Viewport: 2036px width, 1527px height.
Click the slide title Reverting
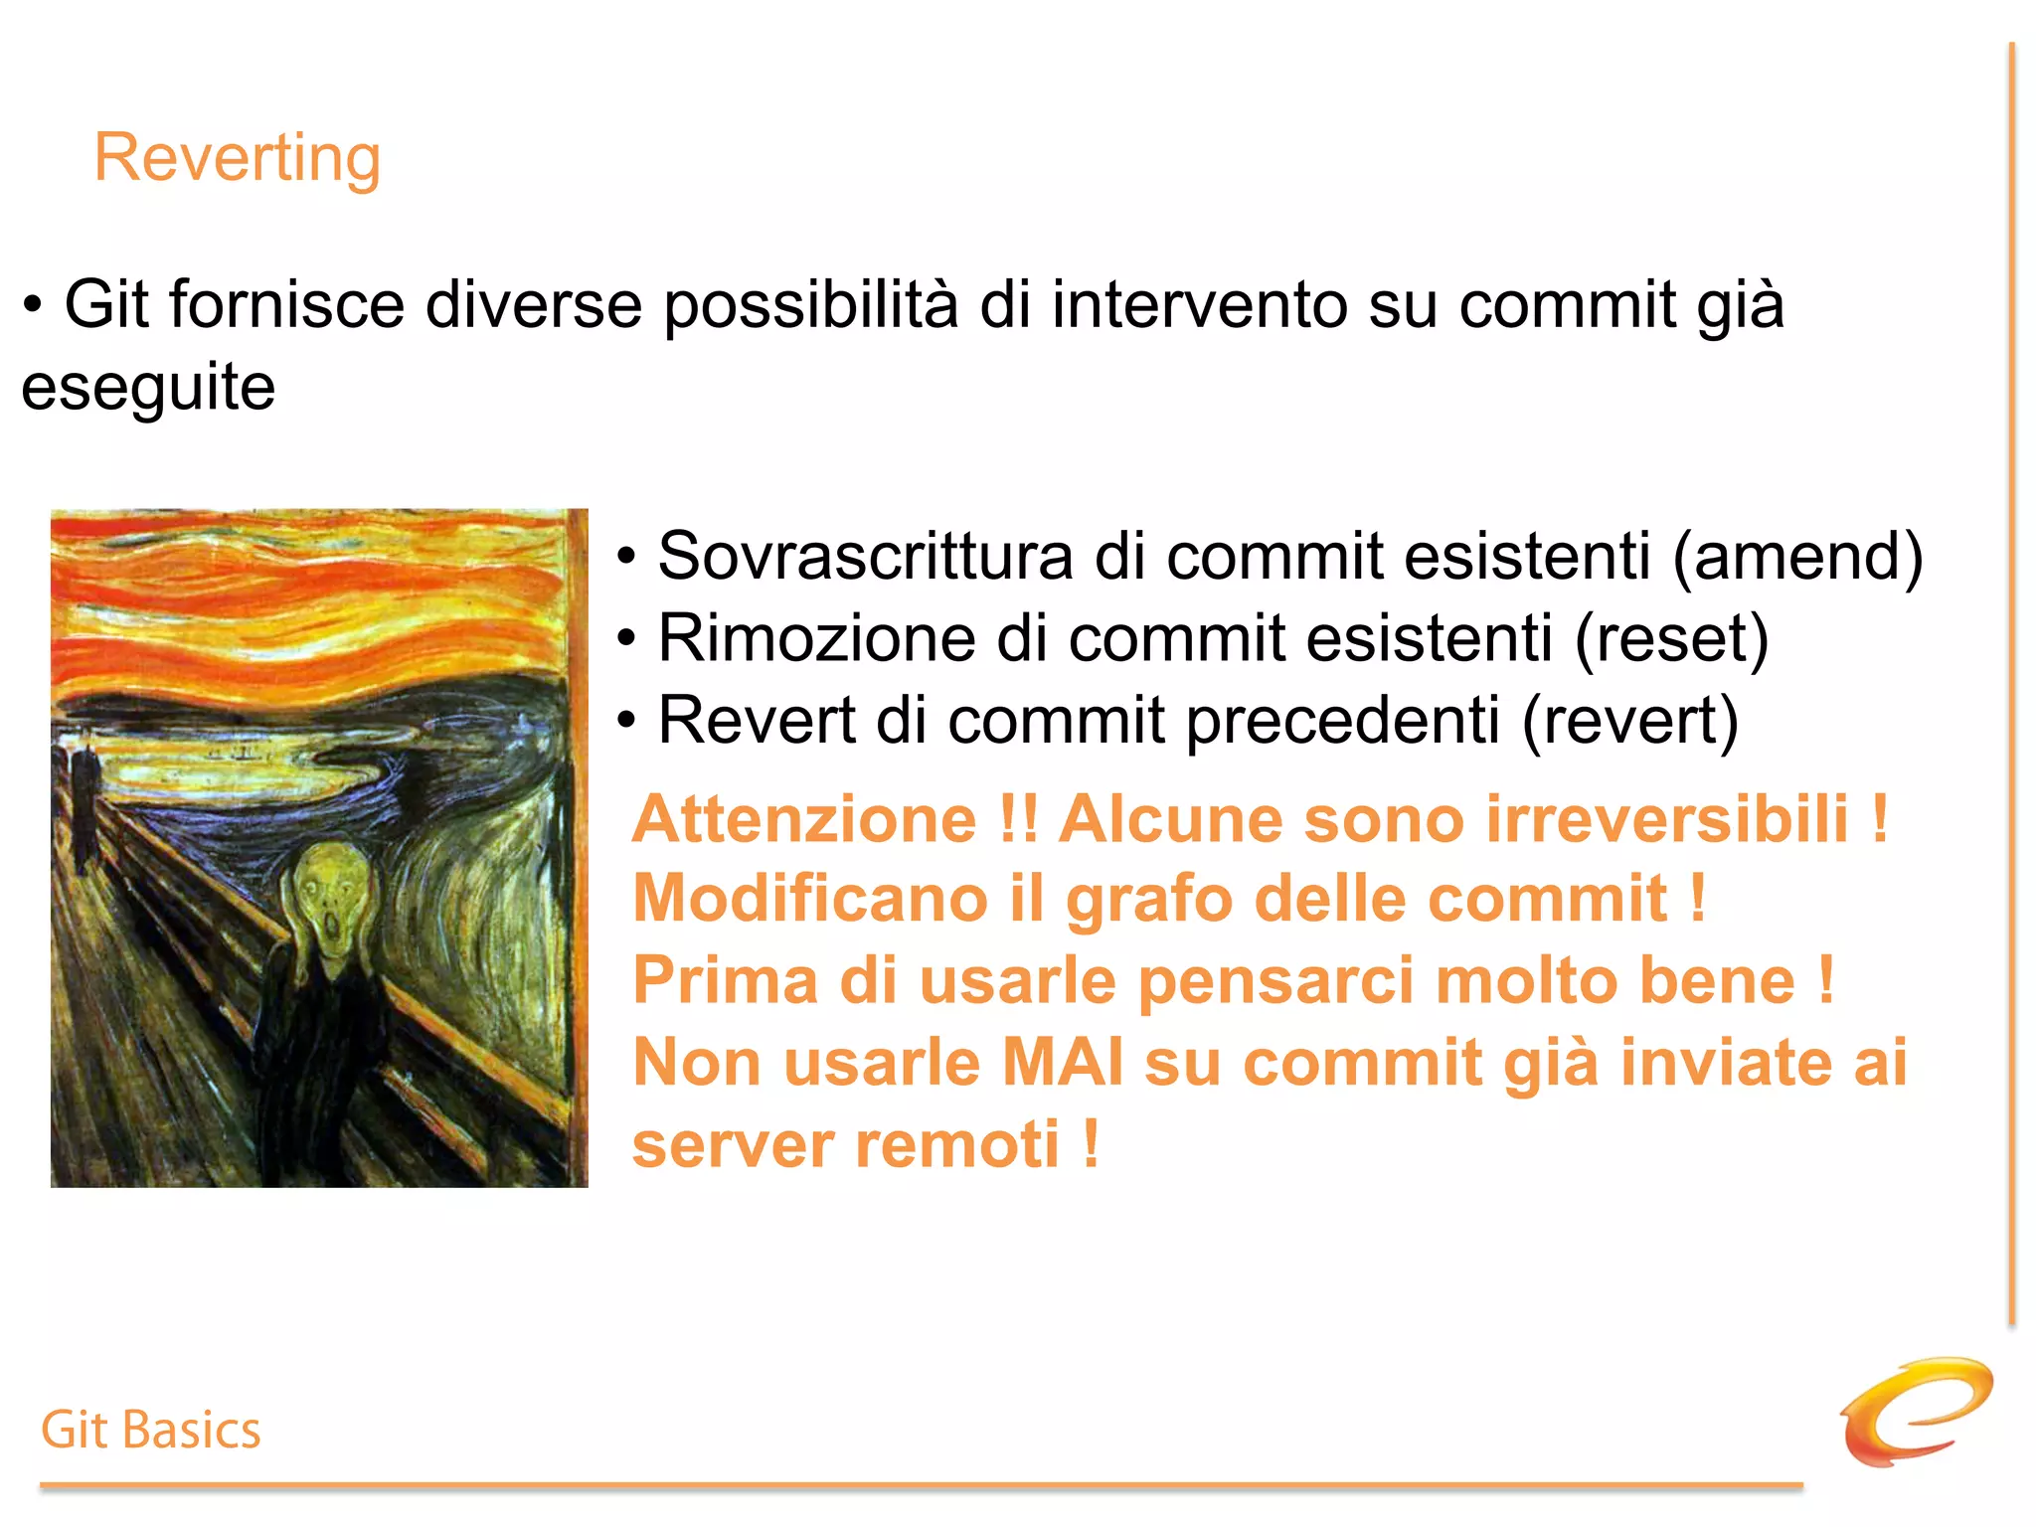point(237,158)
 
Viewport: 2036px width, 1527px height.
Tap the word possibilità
point(810,306)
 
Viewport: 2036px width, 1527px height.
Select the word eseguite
point(148,389)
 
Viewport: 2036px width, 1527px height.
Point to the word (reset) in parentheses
point(1671,638)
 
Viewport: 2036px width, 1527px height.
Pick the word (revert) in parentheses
point(1630,721)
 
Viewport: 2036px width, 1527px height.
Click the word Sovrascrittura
point(864,556)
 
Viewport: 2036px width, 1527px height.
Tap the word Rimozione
point(816,638)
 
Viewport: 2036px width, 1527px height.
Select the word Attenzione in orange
point(804,819)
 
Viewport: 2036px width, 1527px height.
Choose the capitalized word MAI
point(1062,1063)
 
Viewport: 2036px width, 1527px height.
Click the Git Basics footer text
point(151,1431)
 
